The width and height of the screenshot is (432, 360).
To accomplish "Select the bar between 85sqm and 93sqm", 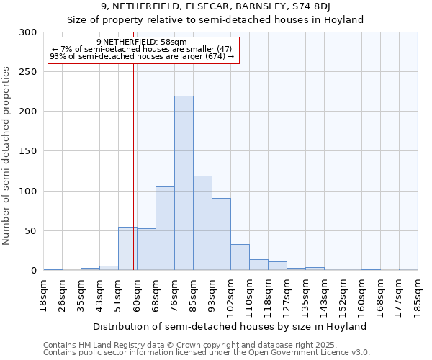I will [x=202, y=223].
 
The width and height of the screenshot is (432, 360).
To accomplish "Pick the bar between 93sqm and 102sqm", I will [x=221, y=234].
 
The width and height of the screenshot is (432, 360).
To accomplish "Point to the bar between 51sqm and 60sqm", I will [x=127, y=248].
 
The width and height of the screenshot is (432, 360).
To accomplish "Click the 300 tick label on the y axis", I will [x=28, y=32].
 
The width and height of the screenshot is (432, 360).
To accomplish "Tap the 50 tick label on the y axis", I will [x=31, y=231].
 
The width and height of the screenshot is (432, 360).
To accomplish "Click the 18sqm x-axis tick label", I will [x=44, y=294].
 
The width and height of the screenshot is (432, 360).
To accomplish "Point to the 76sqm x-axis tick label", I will [x=175, y=294].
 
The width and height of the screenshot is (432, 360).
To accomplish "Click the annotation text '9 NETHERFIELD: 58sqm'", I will [x=141, y=42].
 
